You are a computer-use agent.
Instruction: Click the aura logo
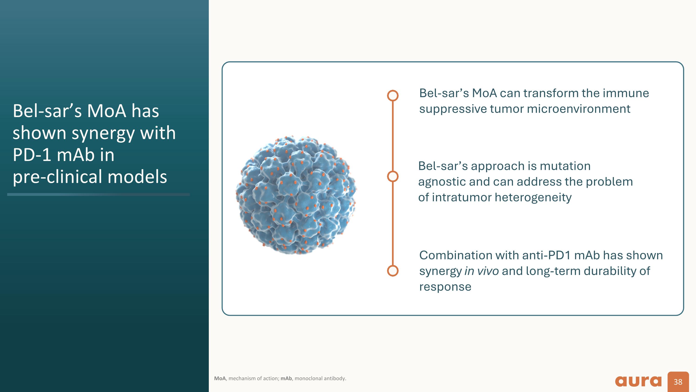(638, 381)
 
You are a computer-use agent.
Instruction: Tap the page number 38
(678, 382)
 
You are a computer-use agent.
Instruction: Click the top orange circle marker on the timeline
(393, 96)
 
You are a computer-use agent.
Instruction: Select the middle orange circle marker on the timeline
(393, 176)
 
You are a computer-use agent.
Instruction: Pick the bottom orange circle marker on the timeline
(393, 270)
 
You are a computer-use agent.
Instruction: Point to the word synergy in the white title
(103, 133)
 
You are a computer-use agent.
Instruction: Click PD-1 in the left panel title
(32, 155)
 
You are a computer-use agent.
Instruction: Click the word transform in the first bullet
(551, 93)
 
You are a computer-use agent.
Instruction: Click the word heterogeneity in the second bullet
(533, 198)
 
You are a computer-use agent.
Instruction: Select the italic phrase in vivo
(481, 271)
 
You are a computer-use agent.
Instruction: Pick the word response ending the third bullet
(445, 287)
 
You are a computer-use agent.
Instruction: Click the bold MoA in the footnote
(220, 379)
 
